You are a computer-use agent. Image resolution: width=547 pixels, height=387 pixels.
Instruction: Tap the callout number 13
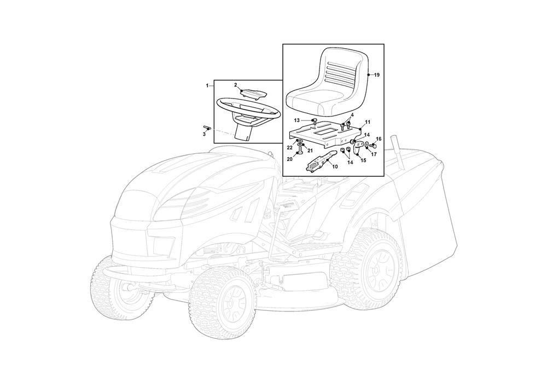click(297, 120)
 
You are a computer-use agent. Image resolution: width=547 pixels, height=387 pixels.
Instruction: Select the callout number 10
click(335, 167)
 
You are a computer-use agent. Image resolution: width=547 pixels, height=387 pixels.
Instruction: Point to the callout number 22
click(289, 148)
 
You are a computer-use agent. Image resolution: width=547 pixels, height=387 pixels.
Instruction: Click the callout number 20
click(289, 159)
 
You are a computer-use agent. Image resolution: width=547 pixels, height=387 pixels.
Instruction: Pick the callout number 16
click(379, 139)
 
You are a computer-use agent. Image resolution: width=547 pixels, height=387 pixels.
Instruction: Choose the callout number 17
click(374, 154)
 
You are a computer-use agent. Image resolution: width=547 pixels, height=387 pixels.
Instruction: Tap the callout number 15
click(363, 160)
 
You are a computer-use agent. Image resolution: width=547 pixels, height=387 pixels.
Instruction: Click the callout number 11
click(368, 122)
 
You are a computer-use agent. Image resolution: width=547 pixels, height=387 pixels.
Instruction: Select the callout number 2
click(235, 85)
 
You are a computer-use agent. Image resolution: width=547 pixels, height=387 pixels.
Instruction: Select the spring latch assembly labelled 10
click(319, 161)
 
